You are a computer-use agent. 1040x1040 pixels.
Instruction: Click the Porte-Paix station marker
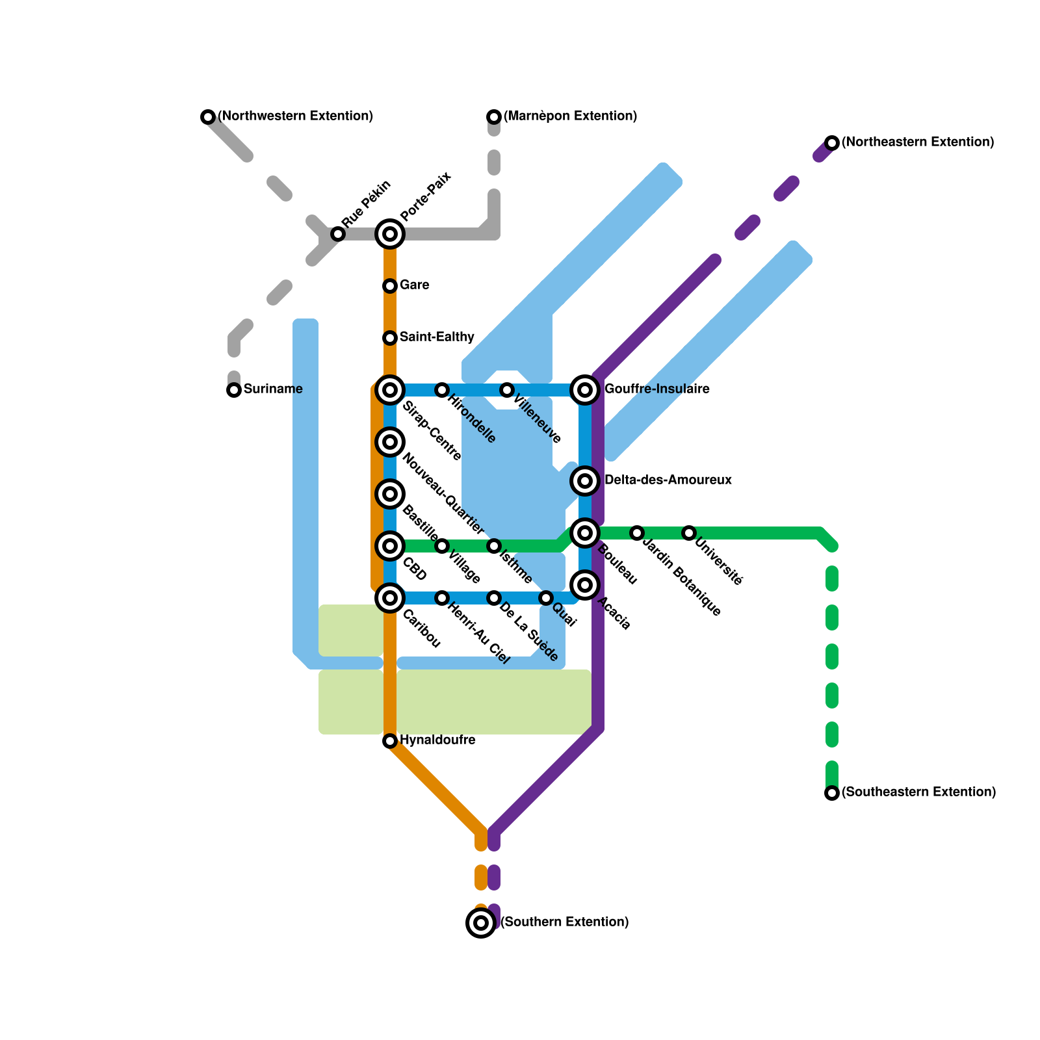click(390, 234)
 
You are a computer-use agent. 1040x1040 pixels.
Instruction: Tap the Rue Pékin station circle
click(338, 234)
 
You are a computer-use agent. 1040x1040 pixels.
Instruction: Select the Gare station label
click(414, 285)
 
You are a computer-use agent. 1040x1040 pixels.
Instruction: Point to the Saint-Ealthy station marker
click(390, 338)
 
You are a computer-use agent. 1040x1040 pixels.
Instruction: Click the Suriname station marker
click(234, 390)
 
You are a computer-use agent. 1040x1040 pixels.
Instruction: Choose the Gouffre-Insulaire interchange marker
click(585, 390)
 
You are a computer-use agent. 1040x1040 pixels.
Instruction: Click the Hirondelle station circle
click(442, 390)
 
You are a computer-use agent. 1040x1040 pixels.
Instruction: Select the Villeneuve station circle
click(507, 390)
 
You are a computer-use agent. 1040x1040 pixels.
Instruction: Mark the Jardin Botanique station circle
click(637, 533)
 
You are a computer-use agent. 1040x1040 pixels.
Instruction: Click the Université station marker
click(689, 533)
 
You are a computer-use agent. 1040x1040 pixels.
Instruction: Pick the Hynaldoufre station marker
click(390, 741)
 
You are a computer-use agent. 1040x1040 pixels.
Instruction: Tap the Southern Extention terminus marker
click(481, 923)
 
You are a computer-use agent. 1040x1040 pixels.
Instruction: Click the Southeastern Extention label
click(918, 792)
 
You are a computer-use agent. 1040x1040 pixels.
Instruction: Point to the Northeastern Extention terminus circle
click(832, 143)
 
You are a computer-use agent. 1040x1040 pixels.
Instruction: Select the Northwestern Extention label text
click(295, 116)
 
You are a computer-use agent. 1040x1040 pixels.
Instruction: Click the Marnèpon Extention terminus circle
click(494, 117)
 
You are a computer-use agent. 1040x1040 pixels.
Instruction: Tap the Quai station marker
click(546, 598)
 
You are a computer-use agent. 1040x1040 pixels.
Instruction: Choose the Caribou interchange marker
click(390, 598)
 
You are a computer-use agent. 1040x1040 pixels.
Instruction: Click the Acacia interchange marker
click(585, 585)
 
